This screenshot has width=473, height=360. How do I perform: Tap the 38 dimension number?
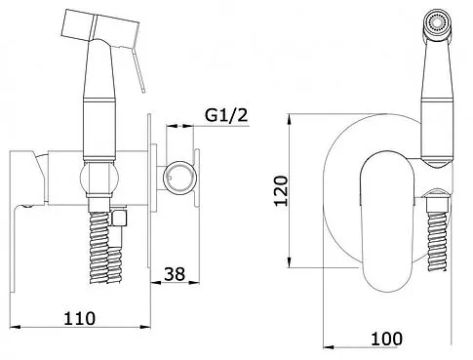[x=175, y=274]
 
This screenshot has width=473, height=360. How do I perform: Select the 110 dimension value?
[x=80, y=318]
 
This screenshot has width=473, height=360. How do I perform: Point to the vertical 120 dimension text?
[x=282, y=190]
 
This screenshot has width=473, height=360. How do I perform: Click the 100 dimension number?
[x=386, y=339]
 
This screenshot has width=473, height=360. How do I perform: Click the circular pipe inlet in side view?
[x=179, y=178]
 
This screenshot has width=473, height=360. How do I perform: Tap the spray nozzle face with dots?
[x=436, y=22]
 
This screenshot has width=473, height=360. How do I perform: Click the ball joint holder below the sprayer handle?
[x=99, y=179]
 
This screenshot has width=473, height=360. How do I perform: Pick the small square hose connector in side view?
[x=119, y=218]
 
